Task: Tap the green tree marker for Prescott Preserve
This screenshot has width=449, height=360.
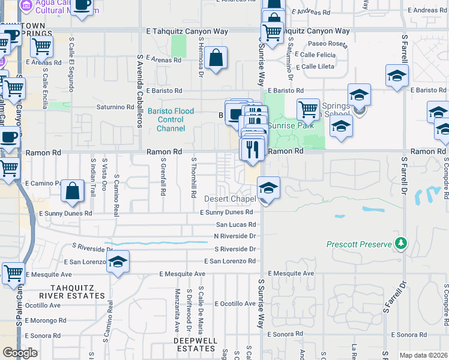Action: coord(400,243)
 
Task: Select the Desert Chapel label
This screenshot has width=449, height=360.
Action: coord(229,199)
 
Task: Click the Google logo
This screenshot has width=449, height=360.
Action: coord(20,353)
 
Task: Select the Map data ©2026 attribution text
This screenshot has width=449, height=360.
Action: coord(424,355)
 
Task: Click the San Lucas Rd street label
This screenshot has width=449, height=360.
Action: coord(236,224)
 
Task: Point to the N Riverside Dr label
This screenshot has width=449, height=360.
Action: coord(235,236)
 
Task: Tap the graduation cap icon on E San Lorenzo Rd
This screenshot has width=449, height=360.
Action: coord(118,262)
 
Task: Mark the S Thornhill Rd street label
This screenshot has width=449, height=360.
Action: coord(194,178)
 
